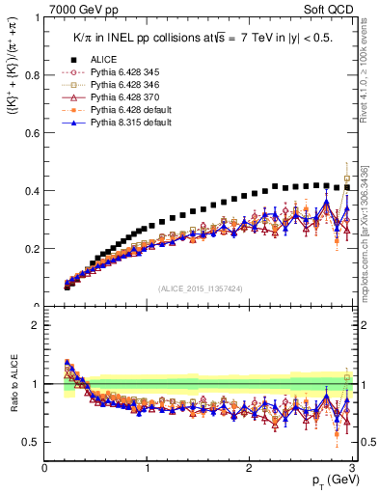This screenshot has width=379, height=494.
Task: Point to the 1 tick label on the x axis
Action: pyautogui.click(x=148, y=468)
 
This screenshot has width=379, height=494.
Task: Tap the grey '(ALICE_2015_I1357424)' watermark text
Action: pyautogui.click(x=200, y=288)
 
